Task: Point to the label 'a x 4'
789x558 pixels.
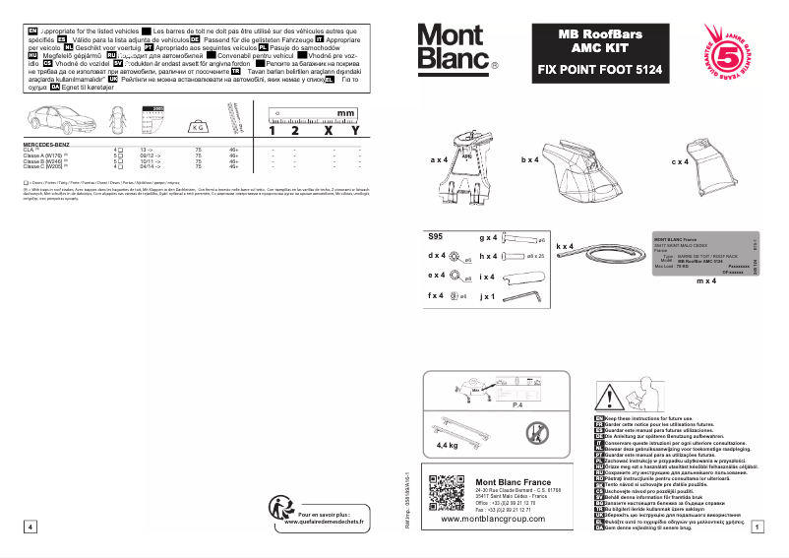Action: [439, 158]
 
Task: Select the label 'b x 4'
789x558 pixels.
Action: [531, 158]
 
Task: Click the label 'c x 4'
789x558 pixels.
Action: [680, 160]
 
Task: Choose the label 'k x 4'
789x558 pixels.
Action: [565, 246]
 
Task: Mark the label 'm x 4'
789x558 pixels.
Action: [705, 281]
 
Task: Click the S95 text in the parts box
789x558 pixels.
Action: [436, 237]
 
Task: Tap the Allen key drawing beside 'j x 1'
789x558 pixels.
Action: [527, 294]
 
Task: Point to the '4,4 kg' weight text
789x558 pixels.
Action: [448, 444]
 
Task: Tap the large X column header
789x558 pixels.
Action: [327, 130]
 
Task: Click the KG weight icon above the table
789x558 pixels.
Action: [199, 126]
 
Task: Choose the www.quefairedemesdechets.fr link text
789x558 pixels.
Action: [324, 523]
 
